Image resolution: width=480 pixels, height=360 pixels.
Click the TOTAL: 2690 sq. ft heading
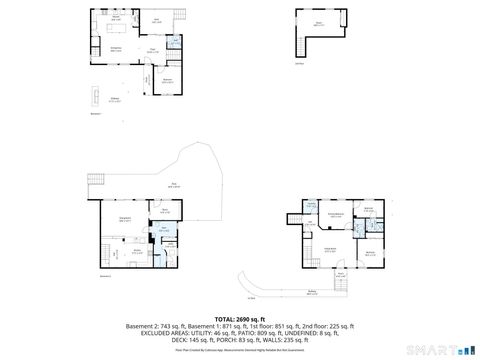(240, 319)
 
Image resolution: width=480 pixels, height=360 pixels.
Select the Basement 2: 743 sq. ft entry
(155, 327)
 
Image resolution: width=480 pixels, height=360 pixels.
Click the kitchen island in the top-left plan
(115, 27)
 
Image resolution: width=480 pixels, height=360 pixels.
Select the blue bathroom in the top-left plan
(174, 43)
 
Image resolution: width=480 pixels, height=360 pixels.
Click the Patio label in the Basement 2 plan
(174, 184)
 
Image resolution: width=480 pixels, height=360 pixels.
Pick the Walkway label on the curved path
(313, 293)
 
